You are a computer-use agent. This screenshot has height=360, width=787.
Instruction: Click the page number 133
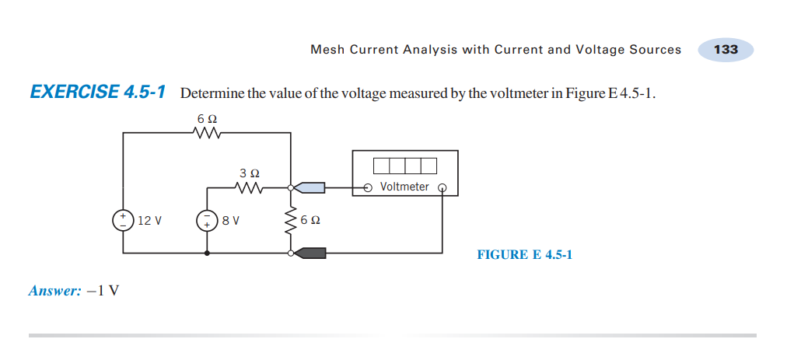coord(725,49)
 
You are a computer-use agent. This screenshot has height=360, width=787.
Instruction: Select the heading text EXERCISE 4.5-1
coord(98,93)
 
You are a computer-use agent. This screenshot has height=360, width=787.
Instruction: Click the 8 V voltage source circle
coord(207,220)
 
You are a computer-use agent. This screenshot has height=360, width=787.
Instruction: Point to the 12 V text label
coord(149,220)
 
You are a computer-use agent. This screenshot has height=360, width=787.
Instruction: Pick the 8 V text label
coord(231,220)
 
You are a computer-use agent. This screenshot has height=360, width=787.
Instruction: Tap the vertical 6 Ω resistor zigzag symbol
coord(291,220)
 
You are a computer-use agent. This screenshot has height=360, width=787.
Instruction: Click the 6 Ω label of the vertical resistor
coord(310,220)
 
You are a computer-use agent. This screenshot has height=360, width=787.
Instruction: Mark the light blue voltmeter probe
coord(310,187)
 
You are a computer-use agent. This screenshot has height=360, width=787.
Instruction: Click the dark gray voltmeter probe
coord(310,253)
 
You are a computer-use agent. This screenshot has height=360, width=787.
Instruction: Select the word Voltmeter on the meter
coord(404,187)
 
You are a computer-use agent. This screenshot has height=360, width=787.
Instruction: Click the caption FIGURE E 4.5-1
coord(524,254)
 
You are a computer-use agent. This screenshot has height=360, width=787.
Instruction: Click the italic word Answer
coord(54,291)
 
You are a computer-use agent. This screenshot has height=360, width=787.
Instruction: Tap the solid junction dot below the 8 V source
coord(207,253)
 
